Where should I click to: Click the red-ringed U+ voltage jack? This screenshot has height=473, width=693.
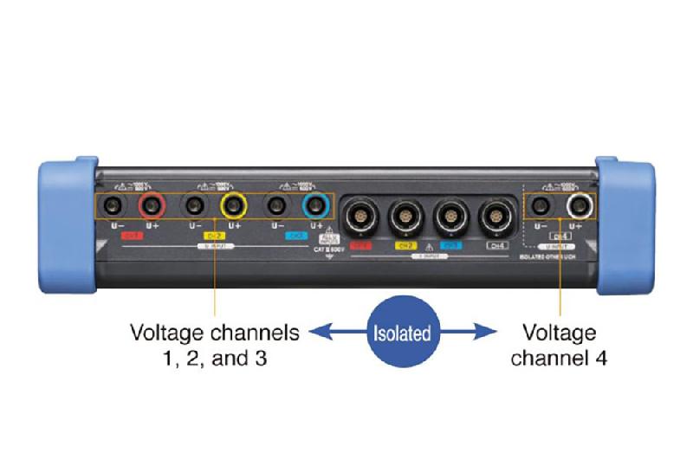click(x=152, y=205)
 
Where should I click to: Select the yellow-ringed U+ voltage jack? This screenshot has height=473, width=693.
click(x=234, y=205)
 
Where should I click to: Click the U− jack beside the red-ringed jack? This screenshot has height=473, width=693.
click(x=113, y=205)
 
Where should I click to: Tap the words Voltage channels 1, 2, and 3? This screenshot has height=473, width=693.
click(x=214, y=345)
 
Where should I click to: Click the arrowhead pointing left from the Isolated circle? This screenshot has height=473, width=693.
click(x=319, y=331)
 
